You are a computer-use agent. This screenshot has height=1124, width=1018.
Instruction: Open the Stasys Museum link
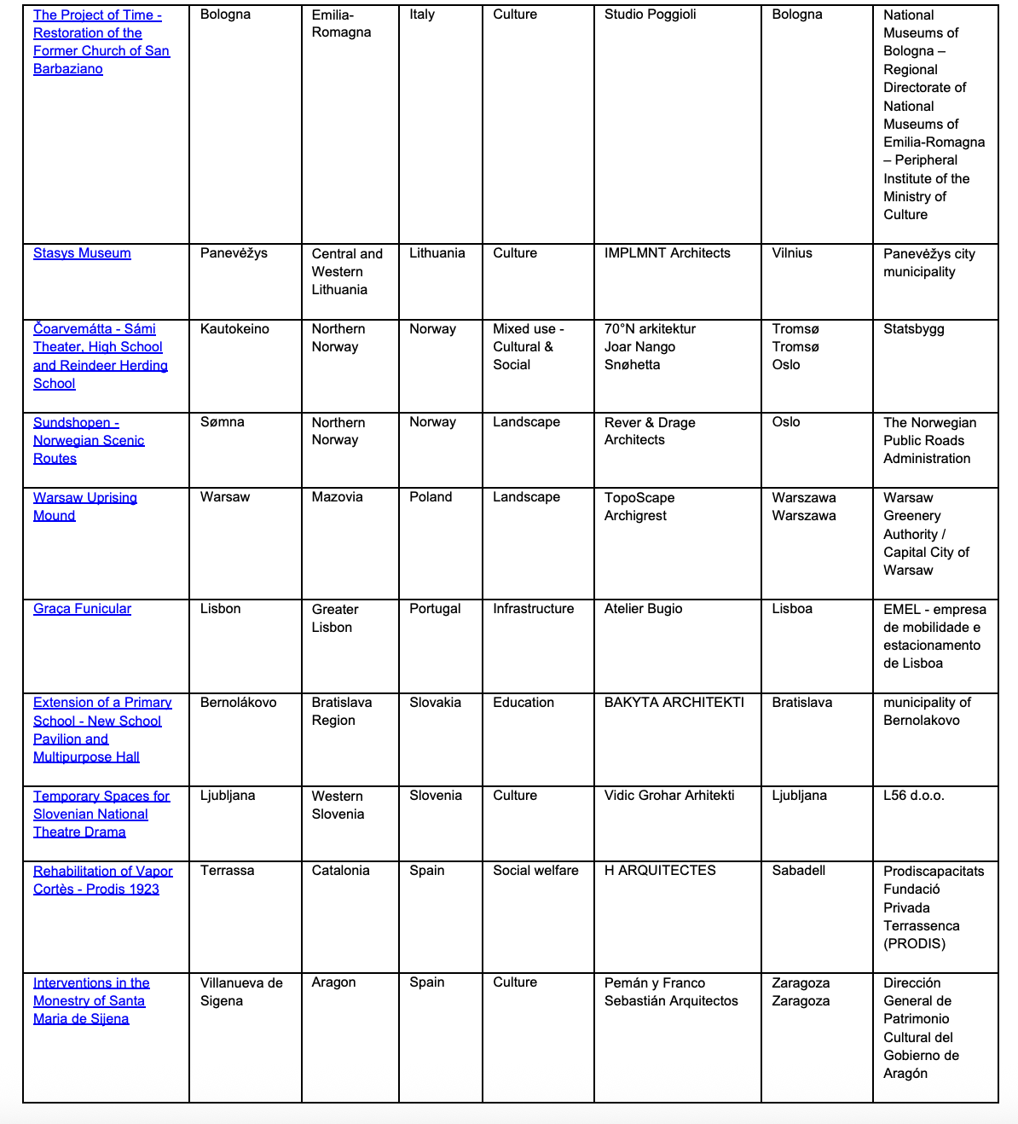point(82,253)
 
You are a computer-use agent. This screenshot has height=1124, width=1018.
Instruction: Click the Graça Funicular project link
point(82,609)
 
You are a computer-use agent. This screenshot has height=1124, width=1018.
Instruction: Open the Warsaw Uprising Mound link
point(84,507)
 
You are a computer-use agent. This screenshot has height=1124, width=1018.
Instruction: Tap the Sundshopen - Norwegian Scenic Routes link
point(89,440)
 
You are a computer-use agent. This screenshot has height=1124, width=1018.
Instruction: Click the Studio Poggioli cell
point(650,14)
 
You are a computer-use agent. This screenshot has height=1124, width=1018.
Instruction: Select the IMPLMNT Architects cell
point(667,253)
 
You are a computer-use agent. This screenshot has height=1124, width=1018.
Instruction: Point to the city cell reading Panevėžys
point(234,253)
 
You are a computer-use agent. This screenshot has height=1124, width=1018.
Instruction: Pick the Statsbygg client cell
point(913,329)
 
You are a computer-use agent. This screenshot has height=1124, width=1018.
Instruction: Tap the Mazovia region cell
point(337,497)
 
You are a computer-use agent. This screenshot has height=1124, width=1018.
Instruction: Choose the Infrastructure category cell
point(533,609)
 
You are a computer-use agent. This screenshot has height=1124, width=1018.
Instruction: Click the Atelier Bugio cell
point(643,609)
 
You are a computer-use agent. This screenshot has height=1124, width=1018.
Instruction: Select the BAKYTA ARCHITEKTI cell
point(674,703)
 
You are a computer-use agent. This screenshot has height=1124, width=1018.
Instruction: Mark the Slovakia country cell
point(435,703)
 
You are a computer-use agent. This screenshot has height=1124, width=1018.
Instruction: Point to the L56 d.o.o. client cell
point(913,796)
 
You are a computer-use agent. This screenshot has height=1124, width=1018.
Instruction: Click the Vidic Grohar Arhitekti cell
point(669,796)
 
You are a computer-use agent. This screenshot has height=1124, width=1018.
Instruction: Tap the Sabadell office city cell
point(798,871)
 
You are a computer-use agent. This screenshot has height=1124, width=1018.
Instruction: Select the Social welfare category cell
point(535,871)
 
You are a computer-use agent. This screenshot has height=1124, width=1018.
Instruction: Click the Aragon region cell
point(333,982)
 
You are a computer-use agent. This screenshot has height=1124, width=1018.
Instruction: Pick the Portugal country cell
point(435,609)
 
